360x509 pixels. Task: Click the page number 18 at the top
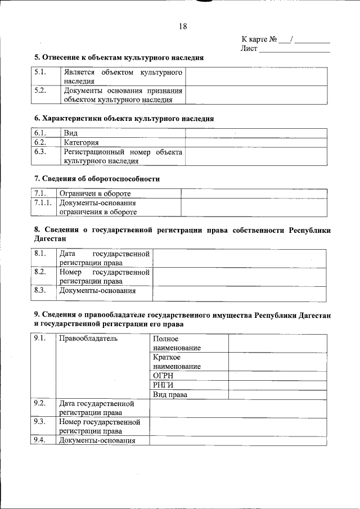(183, 26)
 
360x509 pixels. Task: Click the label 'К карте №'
(259, 39)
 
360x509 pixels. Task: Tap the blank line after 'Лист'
(295, 49)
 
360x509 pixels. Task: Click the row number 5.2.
(40, 91)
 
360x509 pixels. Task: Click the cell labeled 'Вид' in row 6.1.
(70, 134)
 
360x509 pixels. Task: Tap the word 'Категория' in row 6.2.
(81, 143)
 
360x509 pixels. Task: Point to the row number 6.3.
(40, 152)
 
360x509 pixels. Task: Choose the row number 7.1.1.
(43, 202)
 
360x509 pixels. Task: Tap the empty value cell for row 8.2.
(239, 277)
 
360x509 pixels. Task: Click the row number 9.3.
(40, 421)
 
